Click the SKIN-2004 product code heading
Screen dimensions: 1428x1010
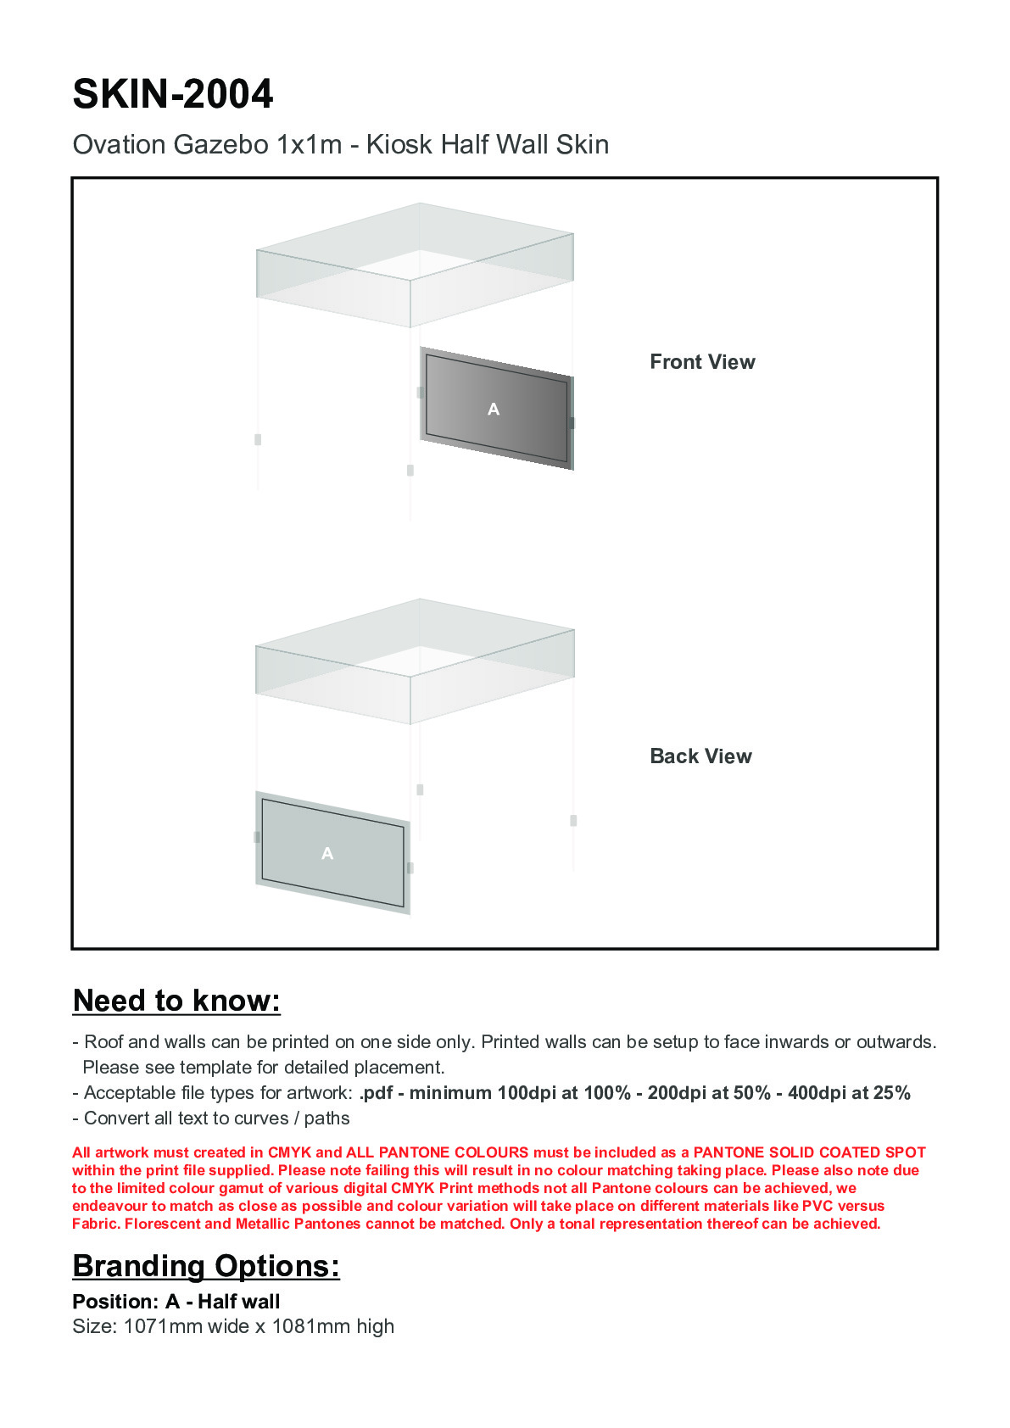[x=173, y=94]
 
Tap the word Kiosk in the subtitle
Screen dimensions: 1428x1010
[x=399, y=145]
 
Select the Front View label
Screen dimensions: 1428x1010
[x=702, y=362]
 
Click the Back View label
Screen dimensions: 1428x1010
[x=700, y=756]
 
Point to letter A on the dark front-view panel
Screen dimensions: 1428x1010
[x=494, y=410]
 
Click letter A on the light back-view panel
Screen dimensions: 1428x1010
[x=327, y=854]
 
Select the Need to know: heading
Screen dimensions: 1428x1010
[x=176, y=1001]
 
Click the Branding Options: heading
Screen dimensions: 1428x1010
[x=206, y=1266]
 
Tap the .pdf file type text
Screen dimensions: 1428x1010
[x=376, y=1093]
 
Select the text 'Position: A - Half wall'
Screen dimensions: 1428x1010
[x=176, y=1302]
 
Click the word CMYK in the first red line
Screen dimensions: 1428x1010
[x=289, y=1152]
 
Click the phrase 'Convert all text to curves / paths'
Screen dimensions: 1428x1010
[x=216, y=1118]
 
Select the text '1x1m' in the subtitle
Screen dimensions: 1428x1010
[x=309, y=145]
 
